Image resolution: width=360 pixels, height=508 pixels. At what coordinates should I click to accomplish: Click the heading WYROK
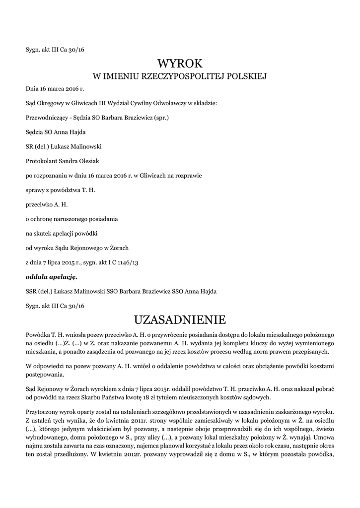[x=180, y=63]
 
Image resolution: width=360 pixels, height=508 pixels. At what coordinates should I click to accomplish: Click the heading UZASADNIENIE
[x=180, y=318]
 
